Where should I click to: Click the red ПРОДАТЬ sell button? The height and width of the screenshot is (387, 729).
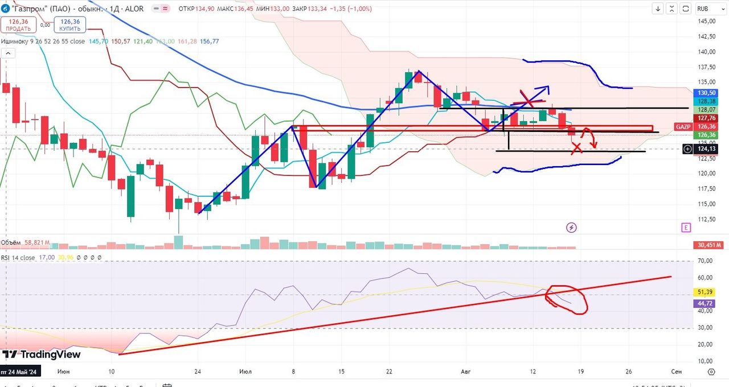coord(19,24)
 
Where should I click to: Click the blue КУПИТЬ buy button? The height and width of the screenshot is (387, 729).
coord(69,24)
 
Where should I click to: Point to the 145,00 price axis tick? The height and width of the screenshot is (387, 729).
coord(706,21)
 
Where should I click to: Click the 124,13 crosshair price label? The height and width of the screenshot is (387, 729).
coord(706,149)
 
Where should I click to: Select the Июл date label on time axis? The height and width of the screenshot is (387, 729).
coord(246,371)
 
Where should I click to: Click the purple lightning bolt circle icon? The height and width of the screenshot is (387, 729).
coord(571,228)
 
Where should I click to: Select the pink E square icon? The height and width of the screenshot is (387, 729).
coord(686,228)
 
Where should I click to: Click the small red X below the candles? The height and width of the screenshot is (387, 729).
coord(577,148)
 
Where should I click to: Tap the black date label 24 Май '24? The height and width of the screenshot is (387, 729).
coord(19,371)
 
